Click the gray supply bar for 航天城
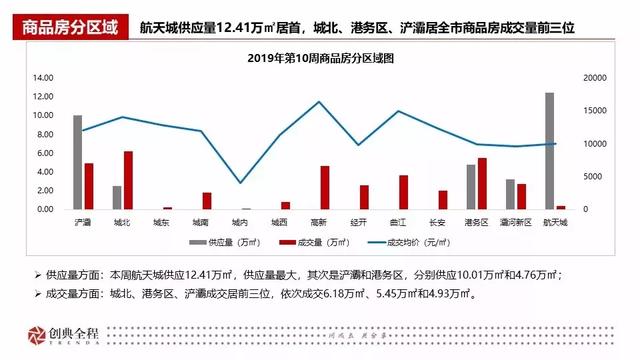549,151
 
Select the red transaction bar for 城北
128,180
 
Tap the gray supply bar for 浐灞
78,162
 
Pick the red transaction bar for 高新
324,187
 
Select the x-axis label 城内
240,221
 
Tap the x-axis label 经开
358,221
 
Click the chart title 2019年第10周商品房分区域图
319,59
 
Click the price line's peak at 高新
319,102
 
